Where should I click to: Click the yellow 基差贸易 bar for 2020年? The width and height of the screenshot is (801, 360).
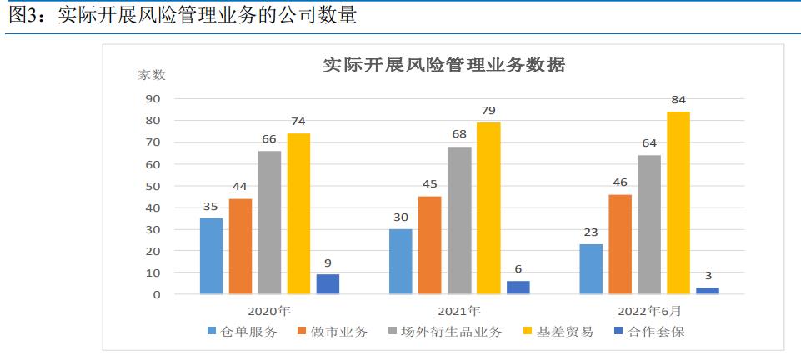click(x=298, y=213)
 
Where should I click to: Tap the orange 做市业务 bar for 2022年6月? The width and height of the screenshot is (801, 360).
click(x=620, y=244)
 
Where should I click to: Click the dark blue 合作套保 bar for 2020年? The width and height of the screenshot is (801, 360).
click(x=328, y=284)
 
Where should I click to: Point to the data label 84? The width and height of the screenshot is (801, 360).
click(x=678, y=100)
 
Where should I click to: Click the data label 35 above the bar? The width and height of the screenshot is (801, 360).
click(x=211, y=206)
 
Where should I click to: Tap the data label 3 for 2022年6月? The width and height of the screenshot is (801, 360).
click(x=708, y=276)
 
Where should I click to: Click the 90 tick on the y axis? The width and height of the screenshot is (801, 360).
click(x=153, y=98)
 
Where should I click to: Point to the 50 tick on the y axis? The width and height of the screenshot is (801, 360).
click(x=153, y=186)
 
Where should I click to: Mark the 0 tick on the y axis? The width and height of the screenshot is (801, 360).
click(x=156, y=294)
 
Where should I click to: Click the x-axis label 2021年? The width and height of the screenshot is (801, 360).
click(x=459, y=311)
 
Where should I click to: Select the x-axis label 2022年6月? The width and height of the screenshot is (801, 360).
click(x=649, y=311)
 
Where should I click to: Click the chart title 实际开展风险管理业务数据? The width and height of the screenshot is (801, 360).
click(x=443, y=65)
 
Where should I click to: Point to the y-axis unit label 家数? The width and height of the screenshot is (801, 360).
click(x=152, y=75)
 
